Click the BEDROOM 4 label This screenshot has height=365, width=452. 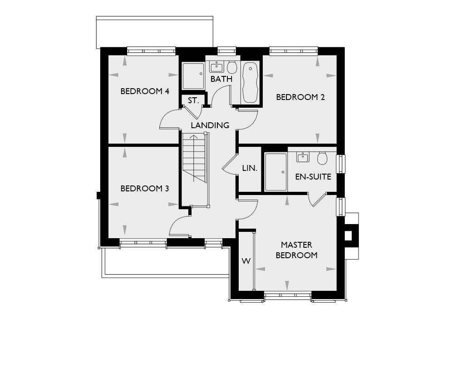(x=145, y=91)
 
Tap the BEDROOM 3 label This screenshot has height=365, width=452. (x=145, y=189)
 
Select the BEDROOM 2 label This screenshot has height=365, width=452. (x=300, y=97)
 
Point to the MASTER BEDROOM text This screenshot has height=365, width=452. (x=297, y=250)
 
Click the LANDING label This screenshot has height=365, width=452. (x=210, y=125)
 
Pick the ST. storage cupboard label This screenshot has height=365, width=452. (x=193, y=100)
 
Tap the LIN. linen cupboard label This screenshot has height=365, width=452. (x=250, y=168)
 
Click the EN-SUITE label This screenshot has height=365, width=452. (x=313, y=177)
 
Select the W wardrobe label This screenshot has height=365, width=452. (x=246, y=261)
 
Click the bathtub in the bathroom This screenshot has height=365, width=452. (x=250, y=82)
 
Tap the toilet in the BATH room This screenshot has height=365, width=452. (x=232, y=67)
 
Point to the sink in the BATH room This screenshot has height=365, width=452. (x=216, y=67)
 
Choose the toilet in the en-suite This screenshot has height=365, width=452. (x=322, y=158)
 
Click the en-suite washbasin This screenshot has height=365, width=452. (x=303, y=158)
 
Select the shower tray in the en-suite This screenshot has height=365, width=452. (x=276, y=172)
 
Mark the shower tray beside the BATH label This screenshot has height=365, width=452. (x=193, y=76)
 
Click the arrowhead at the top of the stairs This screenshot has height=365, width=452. (x=194, y=137)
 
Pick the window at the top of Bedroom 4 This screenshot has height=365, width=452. (x=151, y=51)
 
